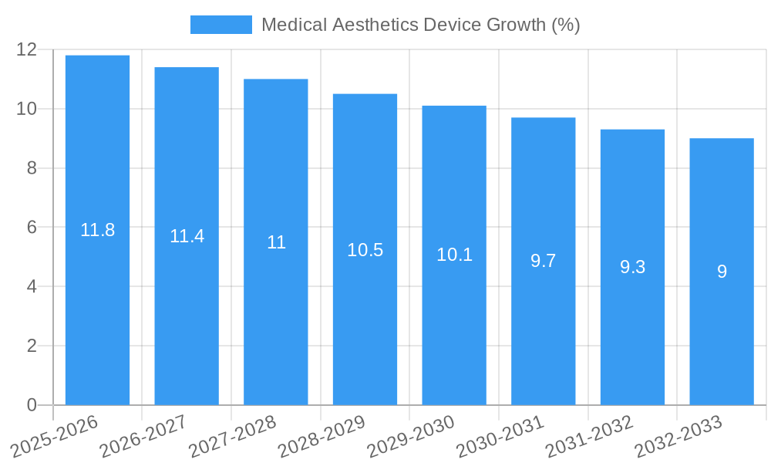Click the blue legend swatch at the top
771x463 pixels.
pos(221,25)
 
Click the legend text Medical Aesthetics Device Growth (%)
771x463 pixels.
pos(420,25)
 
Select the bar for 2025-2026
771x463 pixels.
pos(97,309)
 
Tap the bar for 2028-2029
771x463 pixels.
pos(365,324)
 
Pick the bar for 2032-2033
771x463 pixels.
pos(722,340)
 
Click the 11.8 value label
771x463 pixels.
pos(97,230)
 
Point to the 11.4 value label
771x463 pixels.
pos(187,236)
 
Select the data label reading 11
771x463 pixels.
pos(276,242)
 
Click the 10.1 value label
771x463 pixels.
pos(454,255)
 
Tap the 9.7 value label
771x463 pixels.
pos(544,261)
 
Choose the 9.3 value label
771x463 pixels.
pos(632,267)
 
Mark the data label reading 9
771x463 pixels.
pos(722,272)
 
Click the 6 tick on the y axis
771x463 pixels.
pos(32,228)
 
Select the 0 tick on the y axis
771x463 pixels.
pos(32,405)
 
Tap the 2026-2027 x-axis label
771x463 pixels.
pos(143,436)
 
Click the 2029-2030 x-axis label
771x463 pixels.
pos(411,436)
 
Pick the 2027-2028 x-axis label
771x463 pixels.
pos(233,436)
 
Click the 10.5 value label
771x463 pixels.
pos(365,250)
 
